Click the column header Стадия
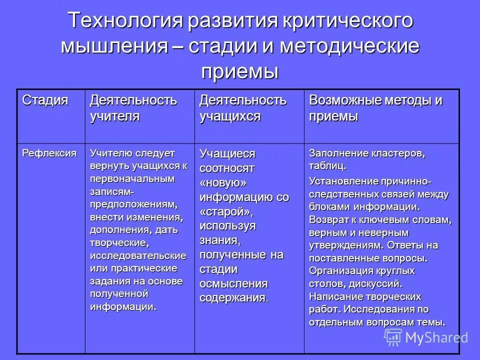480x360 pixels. (x=44, y=100)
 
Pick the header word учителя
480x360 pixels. (x=114, y=116)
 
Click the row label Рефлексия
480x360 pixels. (x=49, y=153)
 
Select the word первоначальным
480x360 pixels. (x=132, y=178)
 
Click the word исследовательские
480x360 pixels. (x=138, y=255)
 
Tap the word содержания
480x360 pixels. (x=233, y=298)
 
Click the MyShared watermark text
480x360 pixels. (x=436, y=337)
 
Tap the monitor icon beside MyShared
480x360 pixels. (x=392, y=337)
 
